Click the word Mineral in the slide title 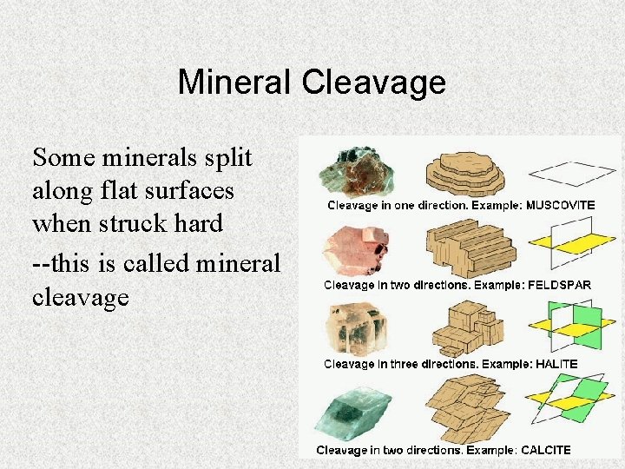(x=235, y=83)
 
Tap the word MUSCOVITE (x=561, y=206)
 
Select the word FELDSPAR (x=558, y=285)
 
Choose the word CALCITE (x=545, y=450)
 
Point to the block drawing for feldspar (x=469, y=248)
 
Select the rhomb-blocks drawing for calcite (x=469, y=408)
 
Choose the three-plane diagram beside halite (x=568, y=326)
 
